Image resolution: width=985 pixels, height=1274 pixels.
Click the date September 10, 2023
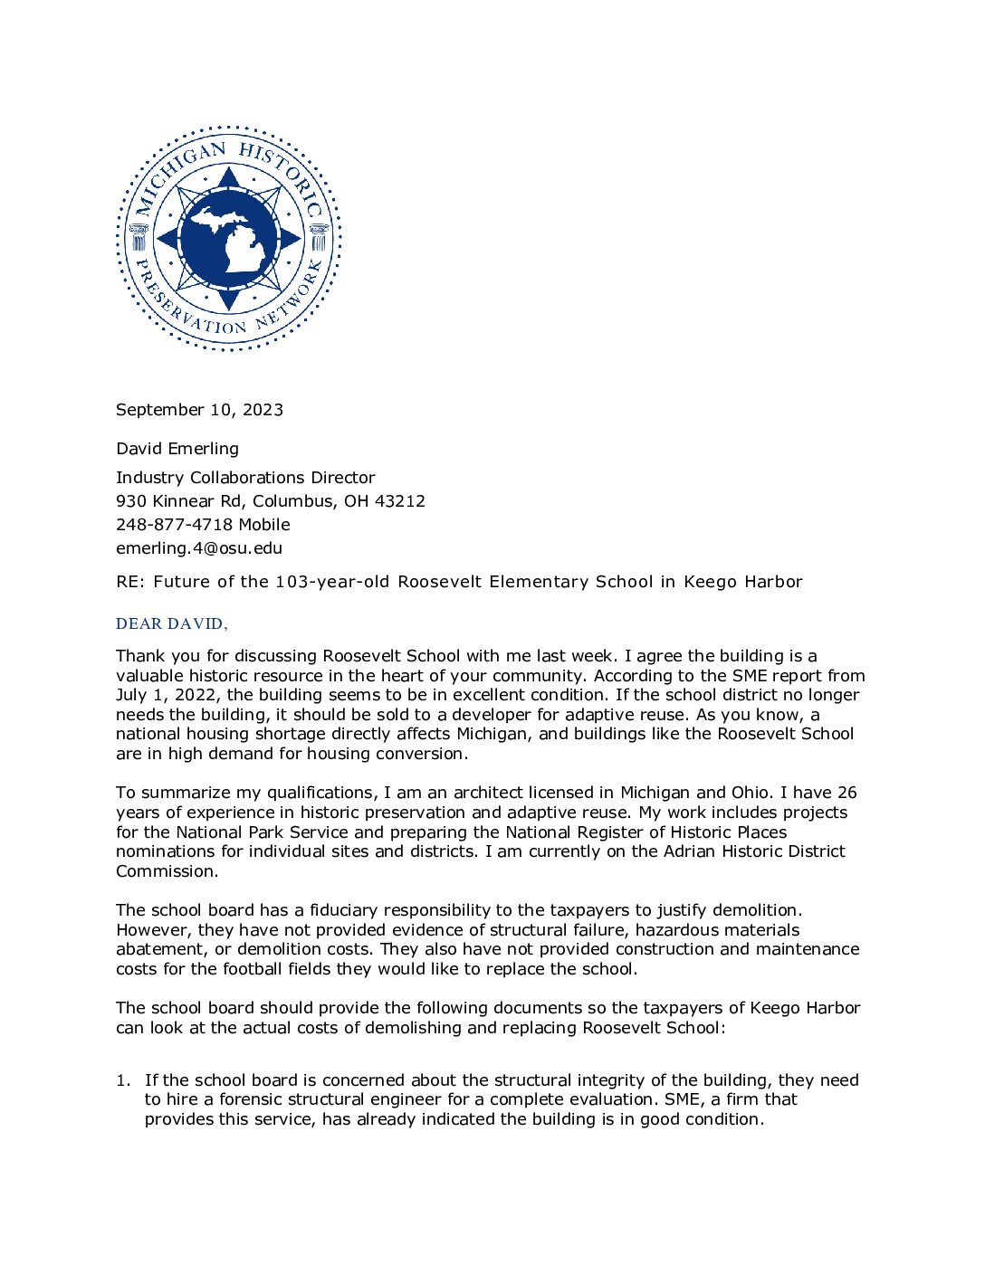click(x=199, y=410)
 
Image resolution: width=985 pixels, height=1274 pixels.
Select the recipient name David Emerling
click(x=177, y=449)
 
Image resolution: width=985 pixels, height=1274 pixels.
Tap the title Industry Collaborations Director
click(x=245, y=478)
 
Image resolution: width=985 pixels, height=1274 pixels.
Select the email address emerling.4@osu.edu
click(x=199, y=548)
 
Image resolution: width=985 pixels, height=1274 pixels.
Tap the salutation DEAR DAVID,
click(x=172, y=624)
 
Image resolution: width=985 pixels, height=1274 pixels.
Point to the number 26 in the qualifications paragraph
click(x=846, y=793)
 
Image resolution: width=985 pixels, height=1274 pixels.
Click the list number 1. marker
click(x=123, y=1080)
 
